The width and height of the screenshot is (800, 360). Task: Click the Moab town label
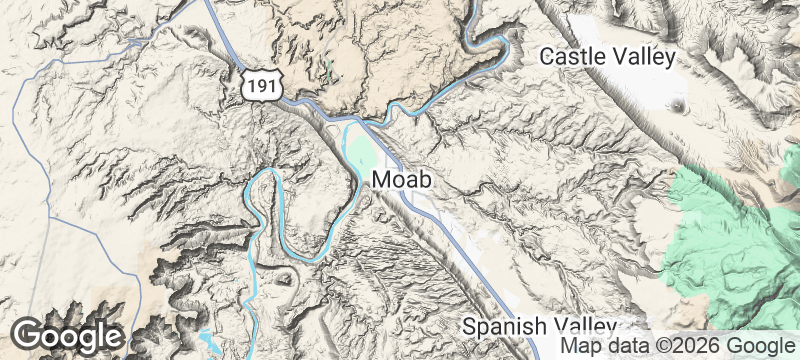(407, 181)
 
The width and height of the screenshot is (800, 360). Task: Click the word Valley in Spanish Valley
(587, 327)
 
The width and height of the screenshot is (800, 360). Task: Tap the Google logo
(68, 335)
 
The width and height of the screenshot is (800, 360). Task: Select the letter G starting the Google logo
(30, 335)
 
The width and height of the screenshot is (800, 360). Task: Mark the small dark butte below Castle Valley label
(682, 104)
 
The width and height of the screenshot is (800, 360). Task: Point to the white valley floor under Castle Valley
(640, 90)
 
